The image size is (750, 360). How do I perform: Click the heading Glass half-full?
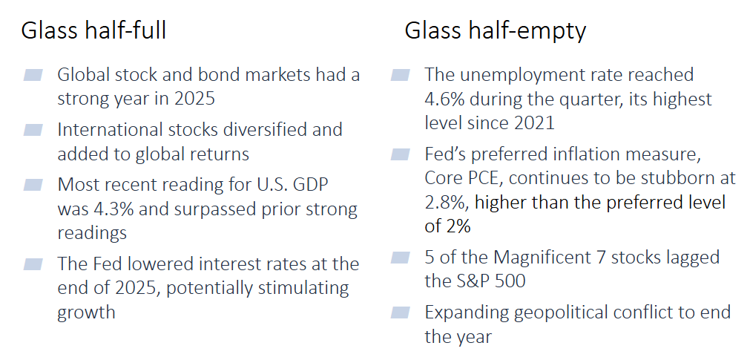[93, 30]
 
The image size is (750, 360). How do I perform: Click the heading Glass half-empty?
[495, 30]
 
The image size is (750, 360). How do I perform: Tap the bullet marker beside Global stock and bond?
[33, 75]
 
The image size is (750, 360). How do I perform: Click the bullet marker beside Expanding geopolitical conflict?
[400, 312]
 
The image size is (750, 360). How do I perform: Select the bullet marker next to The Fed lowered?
[33, 264]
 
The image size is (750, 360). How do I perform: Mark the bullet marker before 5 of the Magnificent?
[400, 258]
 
